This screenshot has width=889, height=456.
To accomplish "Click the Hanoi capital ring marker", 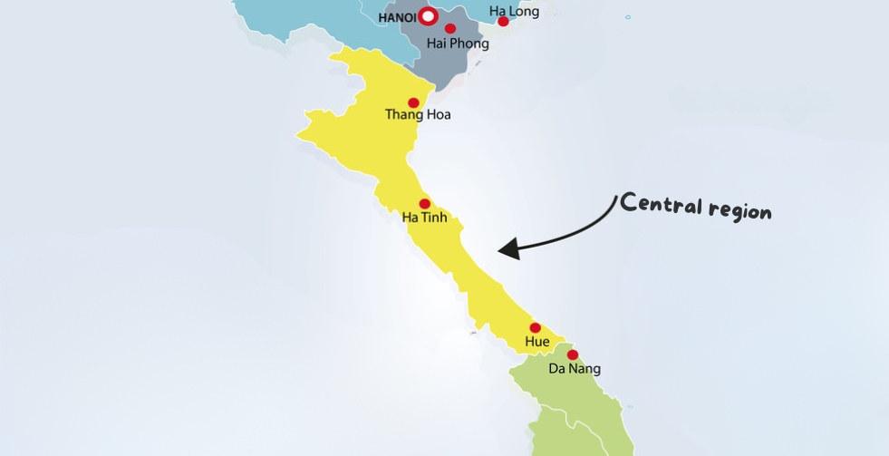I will [x=429, y=16].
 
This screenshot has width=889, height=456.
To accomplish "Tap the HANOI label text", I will [x=396, y=17].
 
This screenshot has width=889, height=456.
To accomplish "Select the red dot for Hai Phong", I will [x=450, y=29].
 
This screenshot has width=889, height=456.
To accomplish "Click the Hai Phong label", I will [x=458, y=44].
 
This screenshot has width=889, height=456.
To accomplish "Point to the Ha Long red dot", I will [x=504, y=21].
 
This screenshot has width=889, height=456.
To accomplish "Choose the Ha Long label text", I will [x=514, y=11].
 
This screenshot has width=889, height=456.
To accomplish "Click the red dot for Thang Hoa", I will [x=414, y=102].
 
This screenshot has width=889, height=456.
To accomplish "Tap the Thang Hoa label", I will [x=418, y=115].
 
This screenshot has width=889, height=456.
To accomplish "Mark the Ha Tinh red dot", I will [x=424, y=205].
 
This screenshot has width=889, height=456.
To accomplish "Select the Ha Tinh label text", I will [x=425, y=218].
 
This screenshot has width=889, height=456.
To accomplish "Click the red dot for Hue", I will [x=535, y=328].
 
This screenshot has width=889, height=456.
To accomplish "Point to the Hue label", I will [x=537, y=342].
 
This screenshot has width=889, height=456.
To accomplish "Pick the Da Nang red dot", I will [x=573, y=354].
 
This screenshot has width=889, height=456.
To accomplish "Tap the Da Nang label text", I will [x=575, y=369].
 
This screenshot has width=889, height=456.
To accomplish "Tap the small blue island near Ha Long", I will [x=627, y=16].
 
